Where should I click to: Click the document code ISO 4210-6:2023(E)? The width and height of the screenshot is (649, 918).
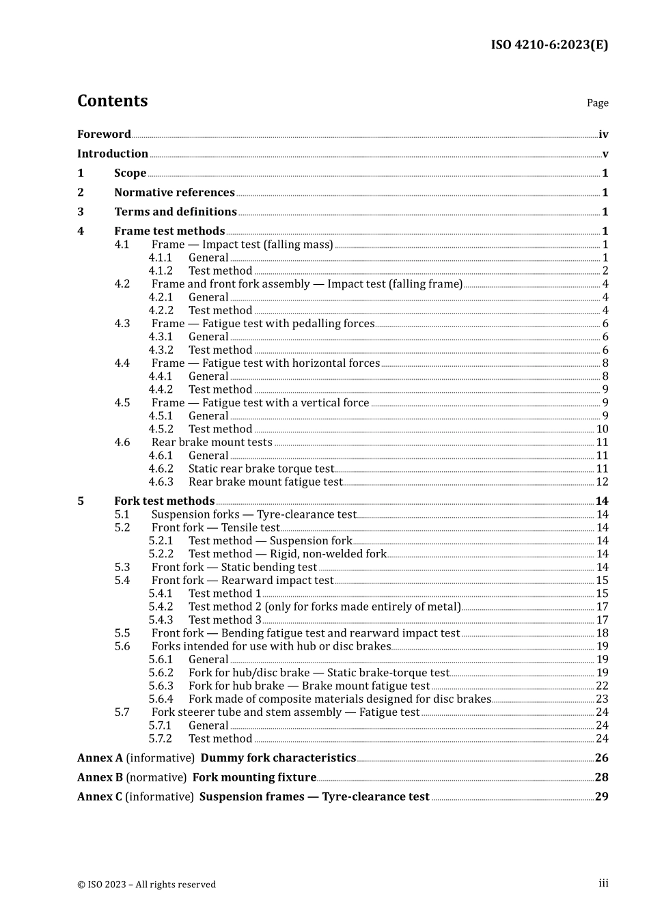tap(549, 45)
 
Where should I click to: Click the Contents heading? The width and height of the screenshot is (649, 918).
tap(112, 100)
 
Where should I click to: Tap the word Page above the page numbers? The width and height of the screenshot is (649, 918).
tap(597, 103)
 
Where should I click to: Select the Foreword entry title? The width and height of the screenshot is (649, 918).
tap(104, 135)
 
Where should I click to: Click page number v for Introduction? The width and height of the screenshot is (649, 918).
tap(605, 154)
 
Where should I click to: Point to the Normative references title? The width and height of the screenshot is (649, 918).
tap(174, 193)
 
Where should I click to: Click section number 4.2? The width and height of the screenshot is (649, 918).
tap(122, 284)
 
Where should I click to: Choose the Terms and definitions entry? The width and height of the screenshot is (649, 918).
tap(176, 212)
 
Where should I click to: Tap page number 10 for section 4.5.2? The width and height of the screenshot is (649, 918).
tap(602, 429)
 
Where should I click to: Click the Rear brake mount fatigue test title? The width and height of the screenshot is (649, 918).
tap(265, 482)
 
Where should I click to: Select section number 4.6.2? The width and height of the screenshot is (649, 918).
tap(161, 469)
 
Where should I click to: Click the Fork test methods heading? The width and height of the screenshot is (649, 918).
tap(164, 501)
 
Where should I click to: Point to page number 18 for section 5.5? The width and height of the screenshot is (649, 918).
tap(602, 633)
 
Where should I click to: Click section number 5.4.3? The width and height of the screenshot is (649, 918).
tap(161, 620)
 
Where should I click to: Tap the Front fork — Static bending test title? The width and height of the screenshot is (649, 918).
tap(234, 568)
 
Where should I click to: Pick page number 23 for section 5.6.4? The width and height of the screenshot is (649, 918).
tap(602, 699)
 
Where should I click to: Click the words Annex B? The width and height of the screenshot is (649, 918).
tap(100, 777)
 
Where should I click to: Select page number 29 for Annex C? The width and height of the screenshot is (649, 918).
tap(601, 796)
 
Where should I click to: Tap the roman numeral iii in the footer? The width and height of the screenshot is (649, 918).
tap(603, 883)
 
